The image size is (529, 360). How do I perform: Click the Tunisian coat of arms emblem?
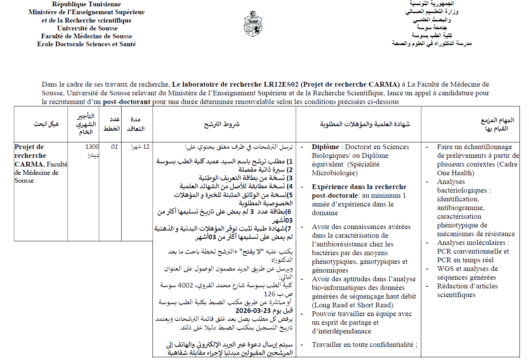[254, 24]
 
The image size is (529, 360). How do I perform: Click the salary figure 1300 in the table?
[92, 147]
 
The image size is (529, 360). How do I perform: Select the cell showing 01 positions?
[114, 147]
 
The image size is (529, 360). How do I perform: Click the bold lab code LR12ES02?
[282, 84]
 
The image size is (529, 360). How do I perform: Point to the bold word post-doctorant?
[127, 102]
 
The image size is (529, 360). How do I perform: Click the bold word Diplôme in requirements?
[325, 147]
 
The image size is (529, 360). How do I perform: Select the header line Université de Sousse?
[87, 28]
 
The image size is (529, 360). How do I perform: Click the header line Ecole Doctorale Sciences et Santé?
[86, 44]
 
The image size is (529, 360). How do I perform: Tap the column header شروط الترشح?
[222, 124]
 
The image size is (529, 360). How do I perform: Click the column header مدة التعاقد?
[135, 124]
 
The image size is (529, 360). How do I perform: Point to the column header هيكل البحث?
[46, 124]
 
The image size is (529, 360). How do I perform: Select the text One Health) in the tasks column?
[455, 173]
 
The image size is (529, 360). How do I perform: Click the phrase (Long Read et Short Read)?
[352, 305]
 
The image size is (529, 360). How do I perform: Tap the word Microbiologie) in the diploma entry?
[335, 173]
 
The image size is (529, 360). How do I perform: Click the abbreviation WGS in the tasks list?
[445, 269]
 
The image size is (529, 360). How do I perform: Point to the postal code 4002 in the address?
[185, 285]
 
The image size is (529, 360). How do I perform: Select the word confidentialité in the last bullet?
[390, 345]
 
